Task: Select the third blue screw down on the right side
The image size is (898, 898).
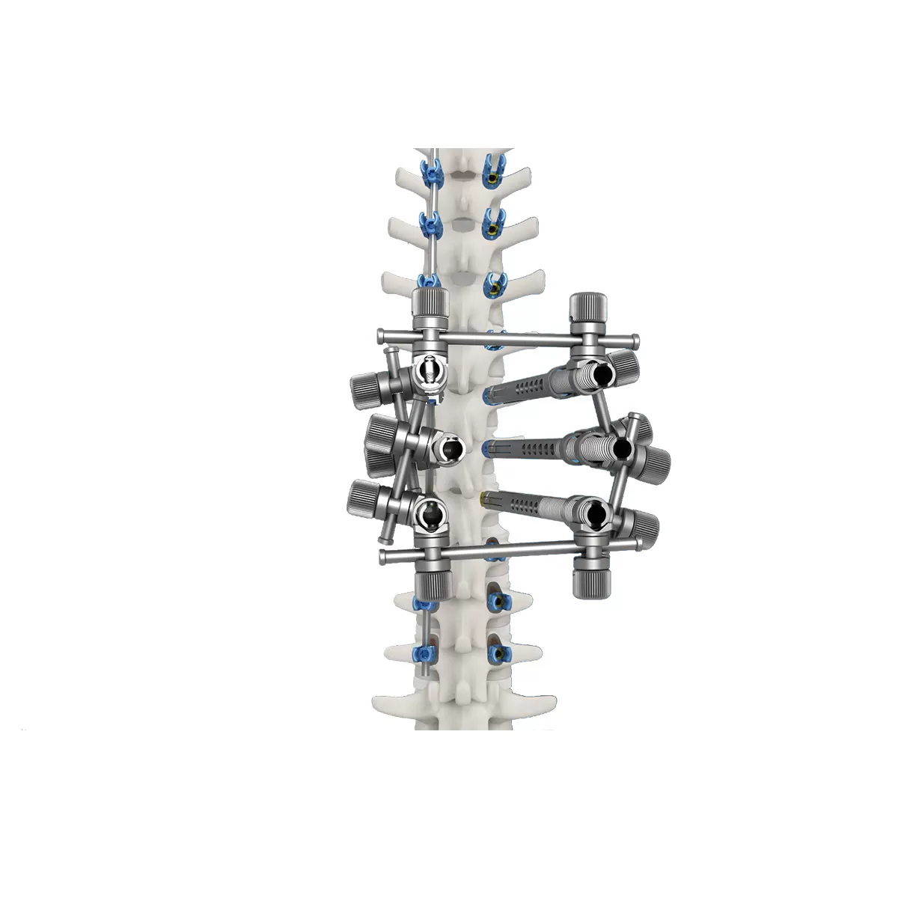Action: tap(494, 284)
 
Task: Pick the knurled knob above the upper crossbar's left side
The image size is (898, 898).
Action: tap(431, 307)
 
